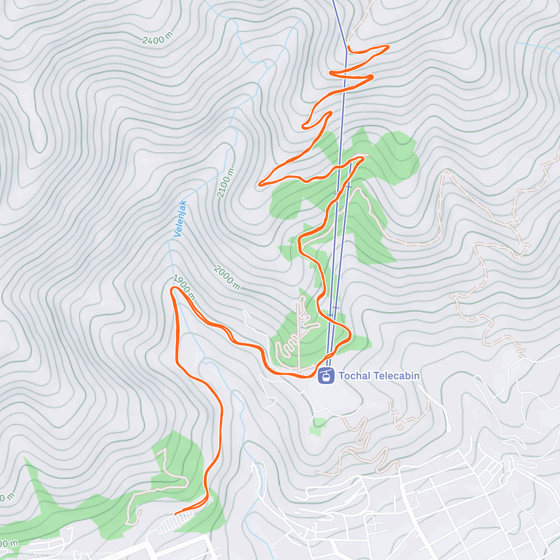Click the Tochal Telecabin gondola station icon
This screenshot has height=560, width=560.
pyautogui.click(x=326, y=376)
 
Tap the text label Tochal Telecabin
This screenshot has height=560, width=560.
pyautogui.click(x=378, y=376)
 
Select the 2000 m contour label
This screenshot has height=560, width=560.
pyautogui.click(x=227, y=278)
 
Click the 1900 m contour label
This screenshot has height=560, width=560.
pyautogui.click(x=183, y=287)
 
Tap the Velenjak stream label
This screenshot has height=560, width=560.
pyautogui.click(x=180, y=218)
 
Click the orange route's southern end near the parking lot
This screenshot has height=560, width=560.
pyautogui.click(x=176, y=514)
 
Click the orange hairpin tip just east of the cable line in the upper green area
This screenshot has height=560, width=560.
pyautogui.click(x=362, y=159)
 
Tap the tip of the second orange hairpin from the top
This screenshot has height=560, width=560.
pyautogui.click(x=372, y=76)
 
